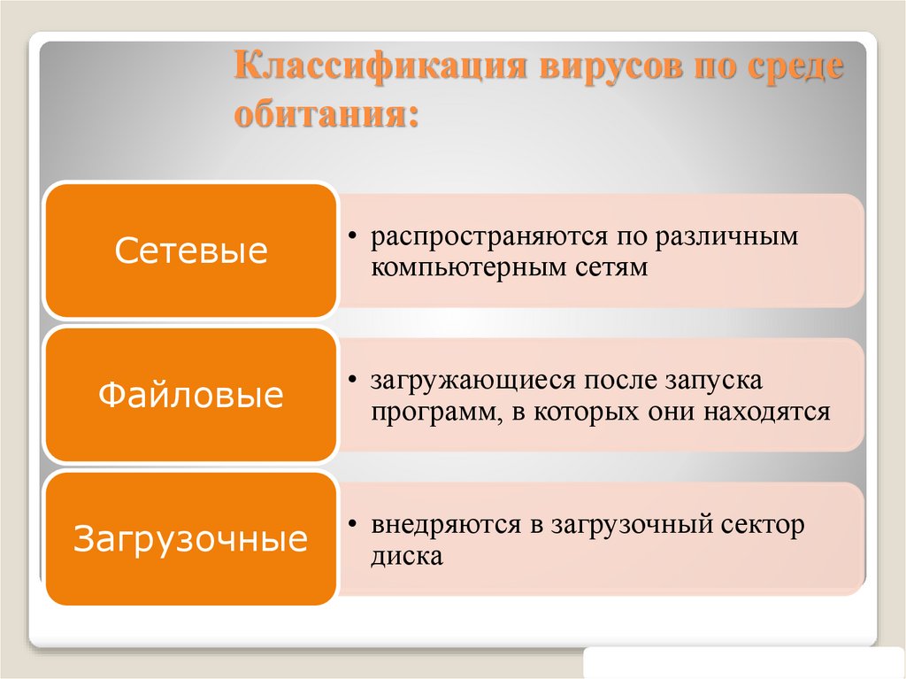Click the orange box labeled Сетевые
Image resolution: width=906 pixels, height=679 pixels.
(191, 251)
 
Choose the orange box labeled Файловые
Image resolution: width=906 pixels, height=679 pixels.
(191, 395)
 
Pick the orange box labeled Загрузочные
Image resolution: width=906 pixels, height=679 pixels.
(191, 539)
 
